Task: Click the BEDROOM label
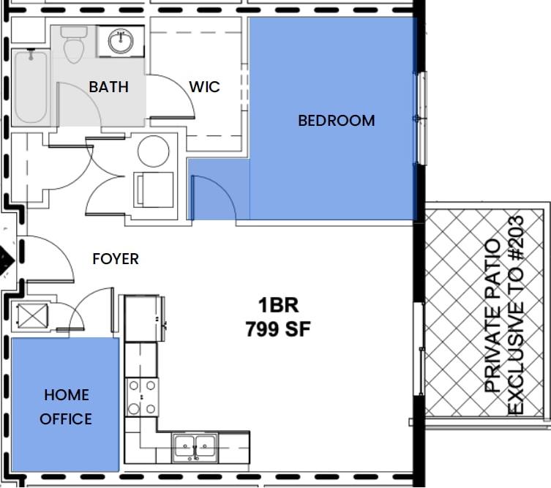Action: [336, 121]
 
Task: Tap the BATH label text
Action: [108, 87]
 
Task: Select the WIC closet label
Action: [204, 87]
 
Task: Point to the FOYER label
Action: [116, 259]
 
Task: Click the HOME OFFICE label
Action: [66, 407]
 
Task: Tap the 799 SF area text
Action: [278, 330]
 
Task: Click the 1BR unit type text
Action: [278, 305]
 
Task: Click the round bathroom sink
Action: [120, 41]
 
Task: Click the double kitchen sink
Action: [195, 446]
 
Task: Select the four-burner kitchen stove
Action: [141, 397]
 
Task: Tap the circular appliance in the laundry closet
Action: [154, 151]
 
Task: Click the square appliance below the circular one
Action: [154, 189]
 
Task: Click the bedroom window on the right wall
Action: [419, 119]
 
